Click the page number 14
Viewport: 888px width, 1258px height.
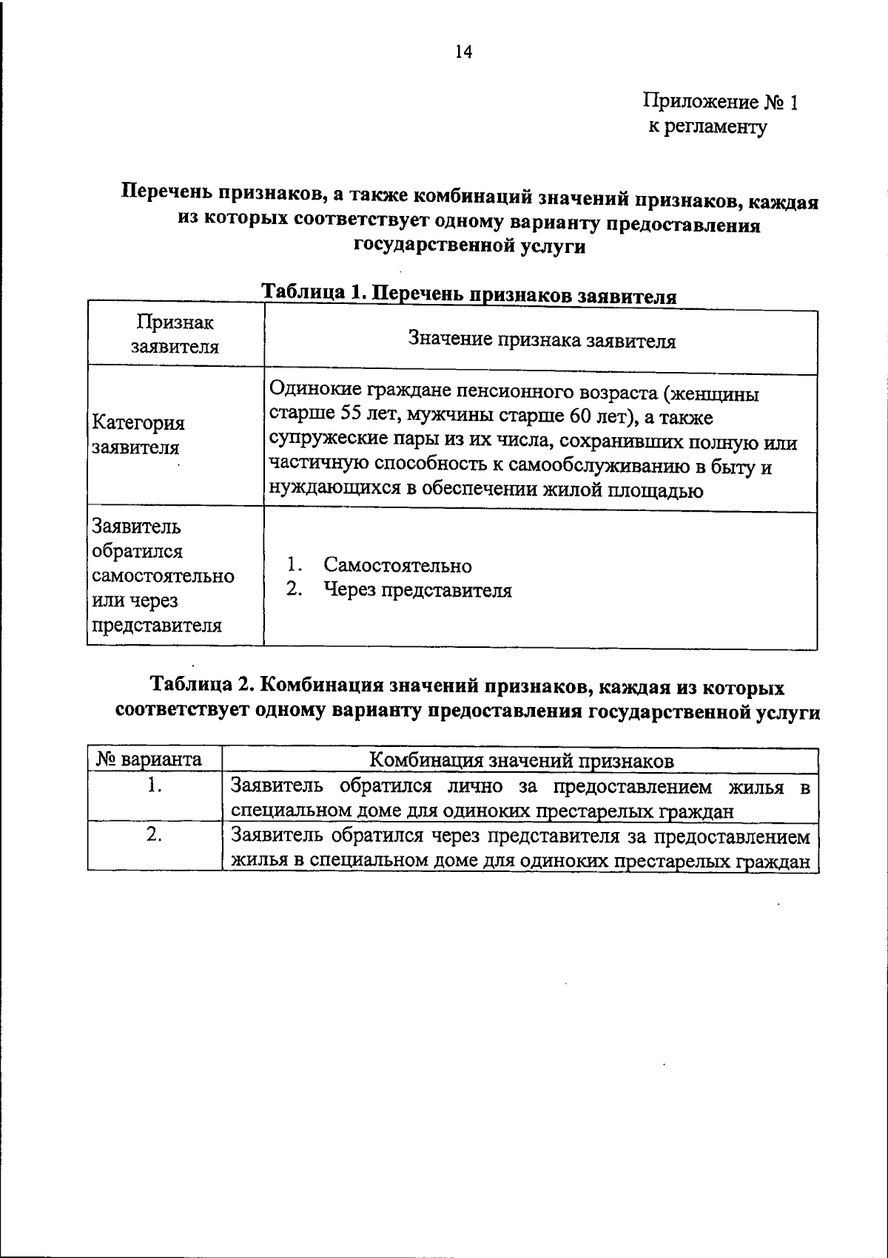(463, 52)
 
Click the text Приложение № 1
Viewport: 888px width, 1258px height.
(721, 102)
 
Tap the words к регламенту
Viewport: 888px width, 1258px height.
(708, 127)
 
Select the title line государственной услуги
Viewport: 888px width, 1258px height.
(470, 246)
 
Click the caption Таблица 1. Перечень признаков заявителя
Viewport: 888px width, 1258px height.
(470, 294)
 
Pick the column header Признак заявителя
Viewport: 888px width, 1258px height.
(175, 334)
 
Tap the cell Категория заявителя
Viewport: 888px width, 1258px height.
(138, 435)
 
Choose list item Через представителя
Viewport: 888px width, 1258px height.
(417, 590)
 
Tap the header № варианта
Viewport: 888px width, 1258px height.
(149, 760)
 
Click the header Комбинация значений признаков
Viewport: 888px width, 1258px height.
(521, 760)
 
